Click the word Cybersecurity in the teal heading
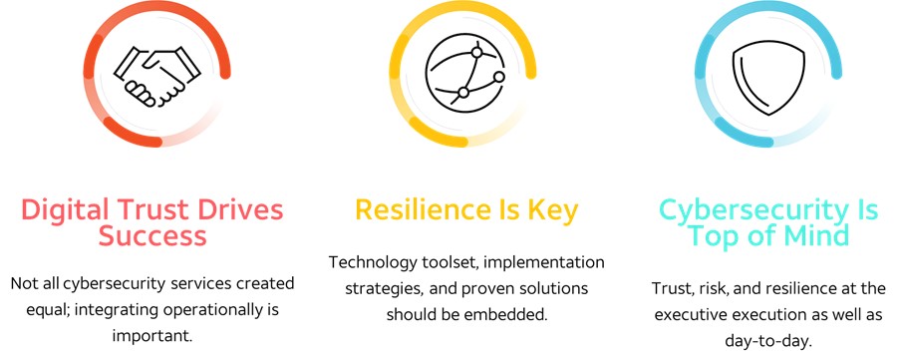(x=741, y=210)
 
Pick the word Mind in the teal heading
(x=815, y=236)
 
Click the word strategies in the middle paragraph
(x=381, y=288)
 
